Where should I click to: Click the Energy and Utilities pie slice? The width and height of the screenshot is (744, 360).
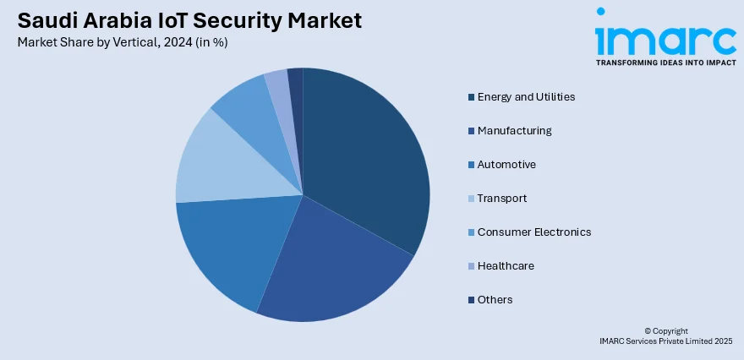[364, 161]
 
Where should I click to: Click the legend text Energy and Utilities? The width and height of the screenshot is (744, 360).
[526, 97]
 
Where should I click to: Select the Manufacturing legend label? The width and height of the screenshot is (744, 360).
[514, 131]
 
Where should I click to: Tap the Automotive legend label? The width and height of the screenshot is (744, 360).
[506, 165]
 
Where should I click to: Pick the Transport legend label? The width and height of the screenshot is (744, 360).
[502, 199]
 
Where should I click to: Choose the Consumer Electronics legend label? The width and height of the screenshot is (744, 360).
[533, 232]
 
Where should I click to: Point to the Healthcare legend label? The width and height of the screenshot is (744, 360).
[506, 266]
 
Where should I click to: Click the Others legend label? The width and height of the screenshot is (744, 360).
[495, 300]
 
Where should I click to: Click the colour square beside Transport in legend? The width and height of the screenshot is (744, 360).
[470, 199]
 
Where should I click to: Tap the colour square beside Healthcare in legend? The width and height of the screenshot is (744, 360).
[470, 266]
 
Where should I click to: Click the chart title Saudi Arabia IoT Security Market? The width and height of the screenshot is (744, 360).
[188, 20]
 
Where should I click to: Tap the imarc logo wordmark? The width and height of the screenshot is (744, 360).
[665, 37]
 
